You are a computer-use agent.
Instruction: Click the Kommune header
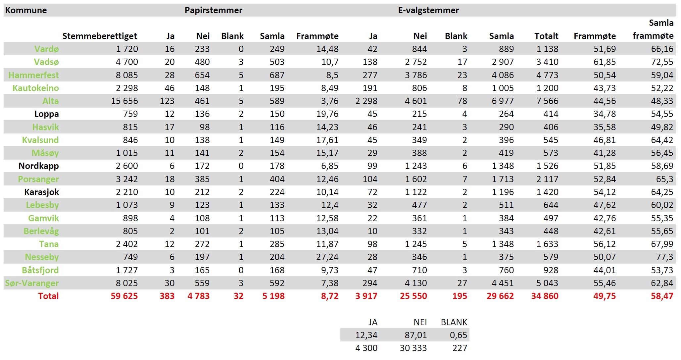pyautogui.click(x=26, y=10)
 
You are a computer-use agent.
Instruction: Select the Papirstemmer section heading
pyautogui.click(x=213, y=10)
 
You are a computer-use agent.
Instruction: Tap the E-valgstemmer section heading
pyautogui.click(x=428, y=10)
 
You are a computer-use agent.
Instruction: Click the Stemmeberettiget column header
pyautogui.click(x=100, y=36)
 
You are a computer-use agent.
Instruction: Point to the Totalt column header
pyautogui.click(x=546, y=36)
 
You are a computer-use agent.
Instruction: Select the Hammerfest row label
pyautogui.click(x=34, y=75)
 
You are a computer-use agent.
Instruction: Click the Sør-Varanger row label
pyautogui.click(x=32, y=283)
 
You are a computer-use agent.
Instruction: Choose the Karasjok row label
pyautogui.click(x=42, y=192)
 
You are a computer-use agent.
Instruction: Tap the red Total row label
pyautogui.click(x=48, y=296)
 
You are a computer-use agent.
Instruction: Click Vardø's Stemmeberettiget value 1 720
pyautogui.click(x=127, y=49)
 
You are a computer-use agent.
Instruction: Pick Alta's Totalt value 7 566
pyautogui.click(x=547, y=101)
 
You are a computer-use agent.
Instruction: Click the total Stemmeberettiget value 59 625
pyautogui.click(x=124, y=296)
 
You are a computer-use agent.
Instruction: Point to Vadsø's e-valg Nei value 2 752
pyautogui.click(x=416, y=62)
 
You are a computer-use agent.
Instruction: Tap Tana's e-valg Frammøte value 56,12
pyautogui.click(x=605, y=244)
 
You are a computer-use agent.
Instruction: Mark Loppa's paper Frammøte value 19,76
pyautogui.click(x=327, y=114)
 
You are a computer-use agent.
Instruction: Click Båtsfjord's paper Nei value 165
pyautogui.click(x=202, y=270)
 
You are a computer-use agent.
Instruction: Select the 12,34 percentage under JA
pyautogui.click(x=366, y=335)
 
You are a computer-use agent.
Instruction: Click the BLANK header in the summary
pyautogui.click(x=454, y=322)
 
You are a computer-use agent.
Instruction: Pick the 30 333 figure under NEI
pyautogui.click(x=413, y=348)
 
